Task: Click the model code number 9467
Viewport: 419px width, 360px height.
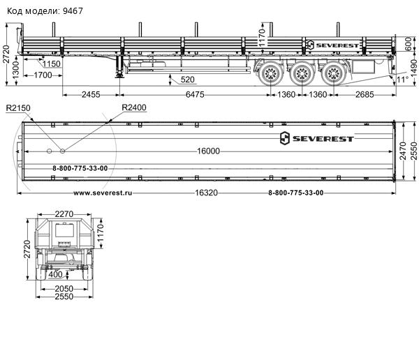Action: tap(73, 11)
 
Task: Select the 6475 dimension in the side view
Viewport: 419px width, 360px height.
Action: tap(195, 95)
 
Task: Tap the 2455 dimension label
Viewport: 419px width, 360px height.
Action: tap(91, 95)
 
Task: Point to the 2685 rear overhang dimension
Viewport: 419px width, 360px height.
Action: tap(365, 95)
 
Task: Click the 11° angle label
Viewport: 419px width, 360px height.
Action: tap(402, 80)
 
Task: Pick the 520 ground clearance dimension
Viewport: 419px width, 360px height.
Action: tap(188, 80)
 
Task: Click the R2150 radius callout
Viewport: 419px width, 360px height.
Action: tap(18, 108)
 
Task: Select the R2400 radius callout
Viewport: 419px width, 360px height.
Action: tap(134, 107)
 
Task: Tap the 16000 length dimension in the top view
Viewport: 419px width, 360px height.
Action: tap(208, 151)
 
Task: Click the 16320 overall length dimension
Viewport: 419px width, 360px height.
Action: tap(206, 193)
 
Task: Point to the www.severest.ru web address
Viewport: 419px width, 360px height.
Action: tap(103, 193)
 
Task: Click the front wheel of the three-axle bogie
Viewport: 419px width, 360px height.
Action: tap(271, 73)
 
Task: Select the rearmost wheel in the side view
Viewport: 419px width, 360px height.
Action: tap(334, 73)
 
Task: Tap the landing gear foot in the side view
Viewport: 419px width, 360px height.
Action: tap(119, 77)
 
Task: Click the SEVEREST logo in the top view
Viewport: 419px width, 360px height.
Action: tap(316, 138)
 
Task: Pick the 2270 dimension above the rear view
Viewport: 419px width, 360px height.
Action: tap(64, 214)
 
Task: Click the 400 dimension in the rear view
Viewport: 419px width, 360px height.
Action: tap(55, 275)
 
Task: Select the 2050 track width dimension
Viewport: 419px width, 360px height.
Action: tap(64, 289)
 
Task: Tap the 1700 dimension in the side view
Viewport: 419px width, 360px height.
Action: tap(43, 75)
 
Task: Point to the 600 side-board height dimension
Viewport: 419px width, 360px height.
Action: tap(409, 44)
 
